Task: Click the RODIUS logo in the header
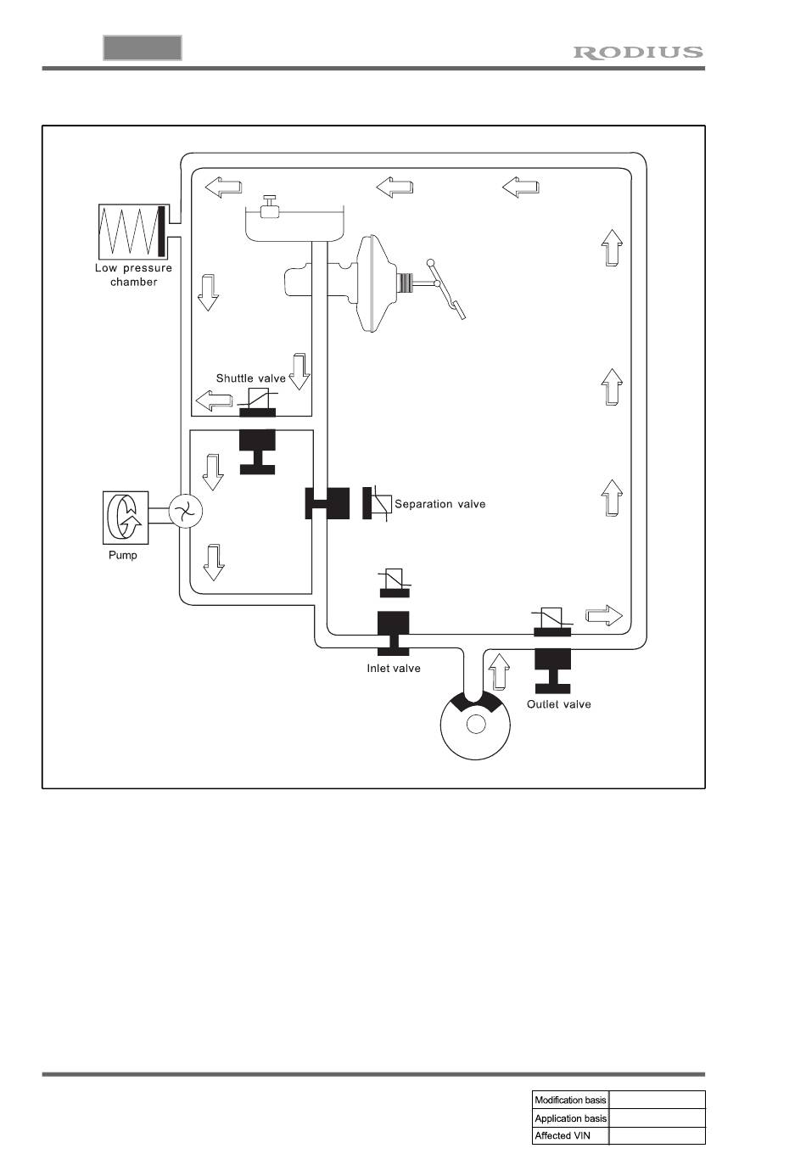(638, 53)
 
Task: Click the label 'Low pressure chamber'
(133, 275)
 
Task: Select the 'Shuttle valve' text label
(250, 378)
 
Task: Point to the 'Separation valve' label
(439, 504)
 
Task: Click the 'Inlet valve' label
(393, 669)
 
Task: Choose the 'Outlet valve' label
(558, 704)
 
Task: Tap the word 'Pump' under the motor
(122, 555)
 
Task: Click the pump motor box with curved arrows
(125, 517)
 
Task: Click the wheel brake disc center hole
(476, 724)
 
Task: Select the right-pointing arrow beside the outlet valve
(603, 615)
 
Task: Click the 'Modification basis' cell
(570, 1100)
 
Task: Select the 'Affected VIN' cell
(570, 1135)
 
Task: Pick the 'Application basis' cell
(570, 1118)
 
